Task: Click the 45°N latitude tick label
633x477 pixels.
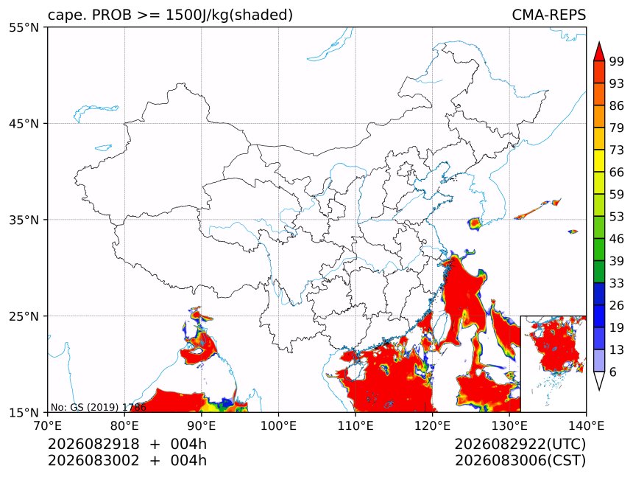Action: click(x=24, y=123)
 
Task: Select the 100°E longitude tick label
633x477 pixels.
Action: click(x=278, y=425)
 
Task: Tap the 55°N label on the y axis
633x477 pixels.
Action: click(x=24, y=27)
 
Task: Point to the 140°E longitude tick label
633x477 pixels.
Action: click(x=586, y=425)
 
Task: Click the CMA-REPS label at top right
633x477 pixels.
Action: click(x=548, y=15)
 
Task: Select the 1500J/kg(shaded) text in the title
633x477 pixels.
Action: click(x=230, y=15)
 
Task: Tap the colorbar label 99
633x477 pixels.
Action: click(x=617, y=61)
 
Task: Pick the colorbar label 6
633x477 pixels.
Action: click(x=613, y=372)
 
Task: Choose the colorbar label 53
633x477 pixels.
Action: click(x=617, y=217)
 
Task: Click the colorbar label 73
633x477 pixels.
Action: click(x=617, y=150)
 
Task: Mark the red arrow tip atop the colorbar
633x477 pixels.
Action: click(x=599, y=42)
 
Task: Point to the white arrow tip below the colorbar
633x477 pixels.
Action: click(x=599, y=390)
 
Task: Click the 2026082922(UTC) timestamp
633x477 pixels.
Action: click(x=520, y=445)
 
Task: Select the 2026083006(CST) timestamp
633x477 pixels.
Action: click(x=520, y=461)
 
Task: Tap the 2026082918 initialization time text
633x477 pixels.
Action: click(x=93, y=444)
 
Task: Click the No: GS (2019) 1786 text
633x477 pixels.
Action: click(x=99, y=407)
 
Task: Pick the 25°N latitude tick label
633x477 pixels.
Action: click(x=24, y=316)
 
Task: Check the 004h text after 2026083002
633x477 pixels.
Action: click(x=188, y=461)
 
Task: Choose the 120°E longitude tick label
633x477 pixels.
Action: click(x=432, y=425)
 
